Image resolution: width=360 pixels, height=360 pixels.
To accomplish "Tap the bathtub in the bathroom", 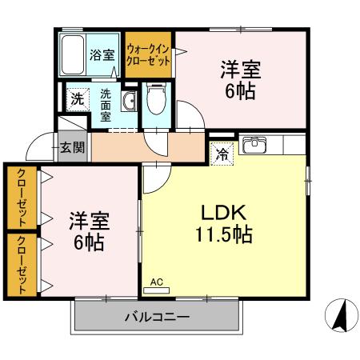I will point(74,54).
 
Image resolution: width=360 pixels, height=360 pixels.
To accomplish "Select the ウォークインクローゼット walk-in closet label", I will point(150,55).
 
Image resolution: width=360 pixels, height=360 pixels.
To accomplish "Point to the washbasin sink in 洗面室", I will point(129,100).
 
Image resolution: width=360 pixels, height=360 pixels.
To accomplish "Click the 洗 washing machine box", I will point(76,99).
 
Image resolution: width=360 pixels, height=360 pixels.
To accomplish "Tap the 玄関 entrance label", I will point(70,146).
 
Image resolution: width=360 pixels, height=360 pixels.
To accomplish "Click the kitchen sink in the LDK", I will point(255,145).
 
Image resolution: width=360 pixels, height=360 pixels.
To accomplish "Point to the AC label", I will point(156,282).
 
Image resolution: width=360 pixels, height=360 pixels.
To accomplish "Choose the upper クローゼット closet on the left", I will point(20,197).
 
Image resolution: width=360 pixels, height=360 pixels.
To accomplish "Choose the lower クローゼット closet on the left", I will point(20,265).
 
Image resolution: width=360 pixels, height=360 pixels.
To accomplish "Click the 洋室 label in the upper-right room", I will point(241,69).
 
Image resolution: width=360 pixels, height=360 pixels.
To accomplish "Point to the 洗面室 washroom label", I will point(106,103).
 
